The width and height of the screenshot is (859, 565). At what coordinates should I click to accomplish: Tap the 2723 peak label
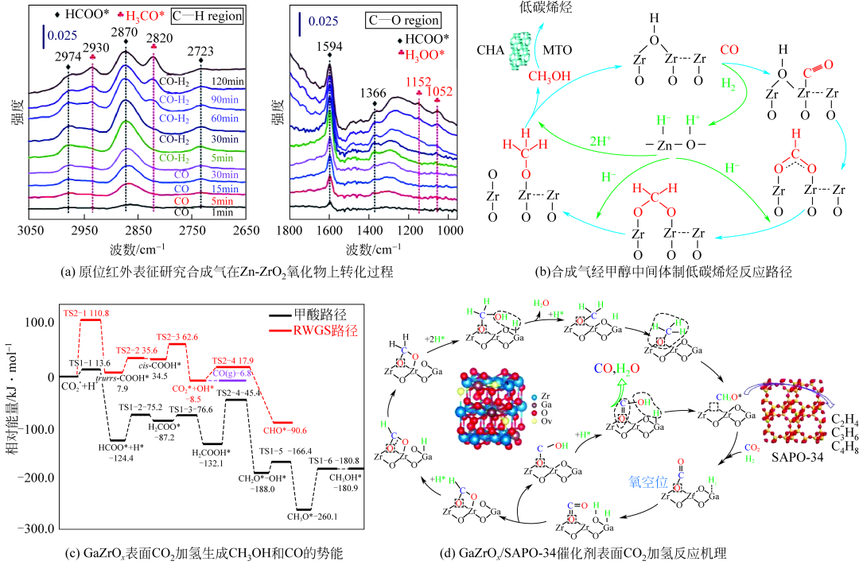[200, 51]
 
